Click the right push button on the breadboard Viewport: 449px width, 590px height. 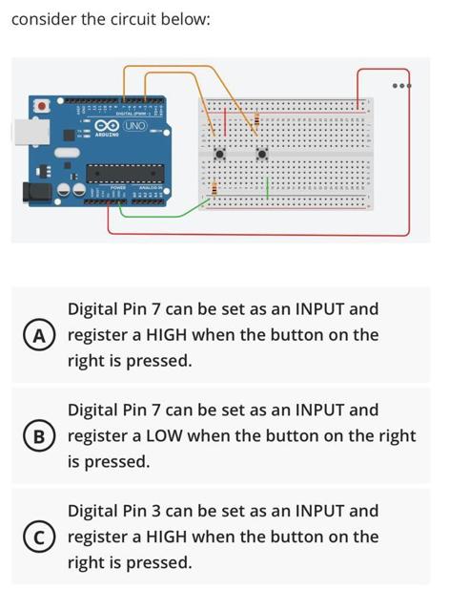click(262, 153)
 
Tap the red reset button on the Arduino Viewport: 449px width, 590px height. click(41, 106)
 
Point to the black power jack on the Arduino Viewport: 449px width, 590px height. click(35, 192)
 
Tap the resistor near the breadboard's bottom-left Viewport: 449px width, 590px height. click(214, 189)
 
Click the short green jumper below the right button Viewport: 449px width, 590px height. click(268, 186)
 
